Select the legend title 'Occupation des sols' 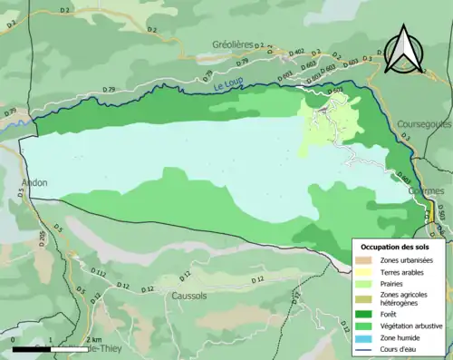401,247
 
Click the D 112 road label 100,273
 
